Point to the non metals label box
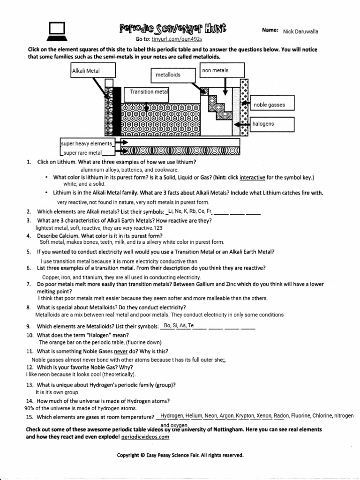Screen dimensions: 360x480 [222, 71]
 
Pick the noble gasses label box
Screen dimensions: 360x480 [273, 105]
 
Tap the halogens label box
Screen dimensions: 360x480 [272, 124]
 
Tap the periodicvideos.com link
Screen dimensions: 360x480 [145, 436]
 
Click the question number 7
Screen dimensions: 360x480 [29, 284]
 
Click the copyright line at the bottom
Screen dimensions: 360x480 [180, 455]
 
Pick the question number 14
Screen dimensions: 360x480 [30, 401]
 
